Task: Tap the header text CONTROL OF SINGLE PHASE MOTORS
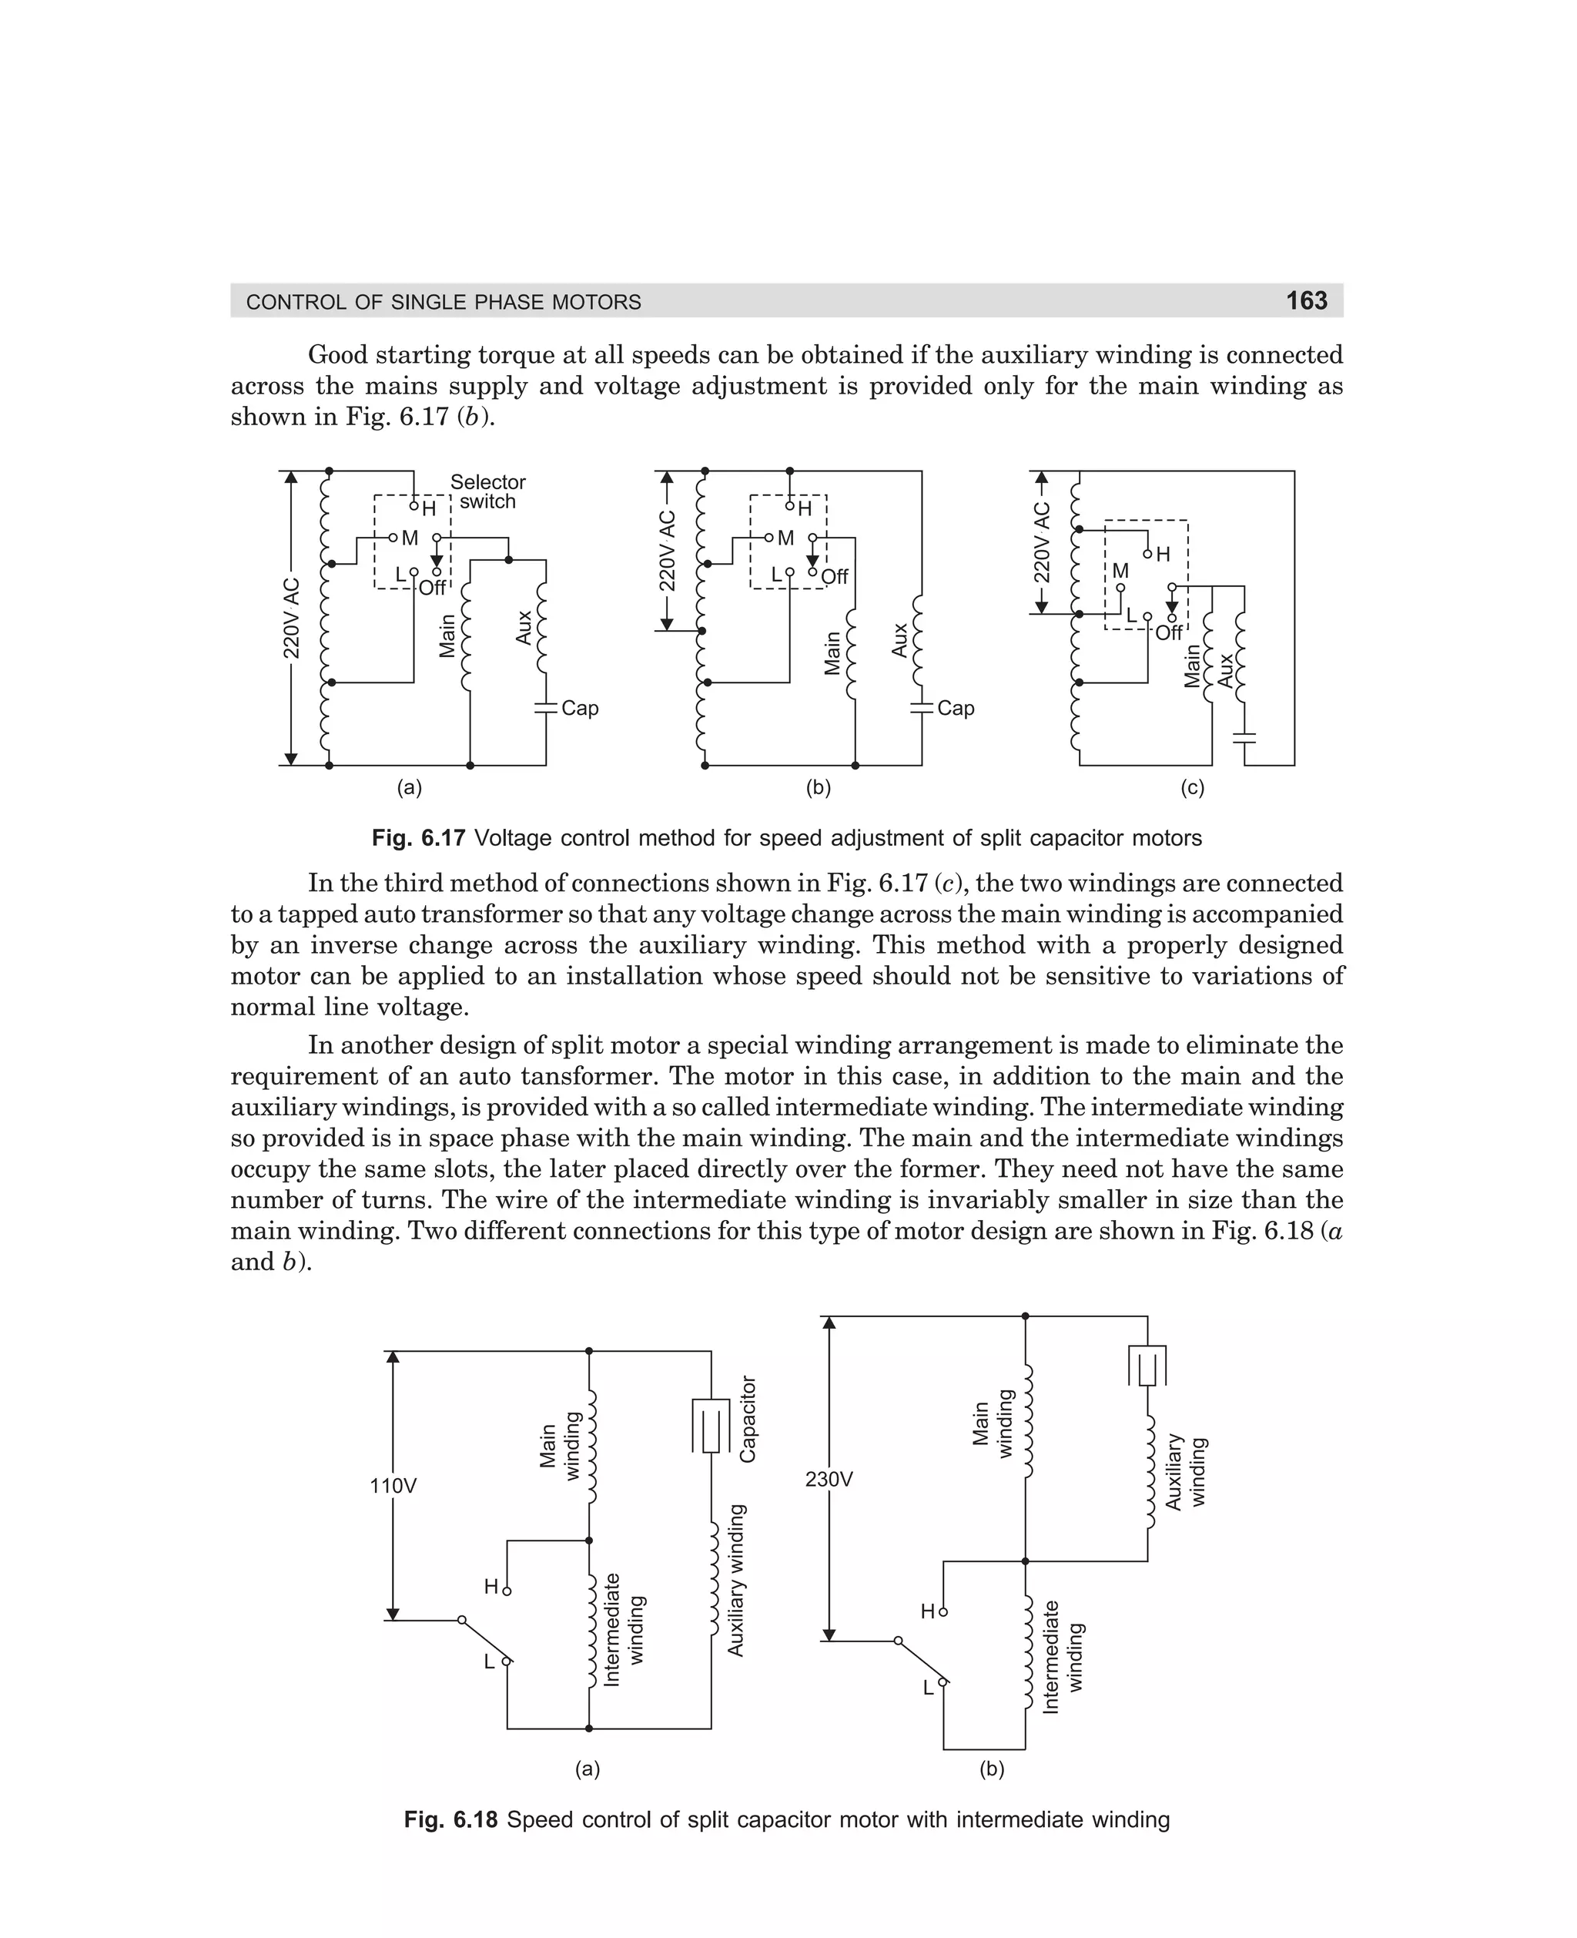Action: point(444,303)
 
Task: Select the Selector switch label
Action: point(488,491)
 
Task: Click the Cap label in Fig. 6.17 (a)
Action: point(580,708)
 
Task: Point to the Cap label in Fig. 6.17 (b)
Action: point(956,708)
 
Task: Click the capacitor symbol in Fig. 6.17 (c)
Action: point(1245,737)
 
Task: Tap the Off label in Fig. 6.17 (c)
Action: point(1169,632)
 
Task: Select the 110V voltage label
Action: point(393,1487)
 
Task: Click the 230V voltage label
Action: point(829,1479)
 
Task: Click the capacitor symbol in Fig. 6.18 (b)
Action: point(1147,1366)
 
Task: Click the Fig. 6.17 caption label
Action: point(418,838)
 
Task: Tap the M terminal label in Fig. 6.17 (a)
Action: point(410,538)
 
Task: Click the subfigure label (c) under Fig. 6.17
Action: point(1192,789)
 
